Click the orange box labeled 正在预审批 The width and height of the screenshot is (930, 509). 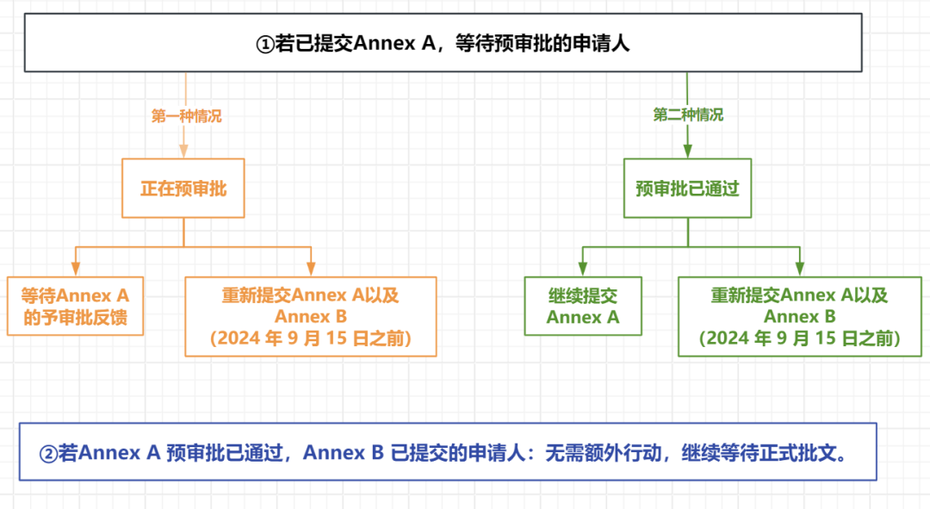(x=183, y=188)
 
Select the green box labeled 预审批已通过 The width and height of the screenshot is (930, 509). (x=687, y=188)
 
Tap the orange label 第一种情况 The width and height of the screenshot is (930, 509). (x=187, y=116)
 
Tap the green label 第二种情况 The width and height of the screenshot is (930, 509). (x=688, y=115)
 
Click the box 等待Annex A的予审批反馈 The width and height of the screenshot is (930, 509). (x=75, y=307)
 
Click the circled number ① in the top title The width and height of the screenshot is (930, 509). (x=265, y=44)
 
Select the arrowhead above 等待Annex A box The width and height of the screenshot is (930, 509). (x=75, y=270)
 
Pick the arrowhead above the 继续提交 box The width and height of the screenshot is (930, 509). (x=583, y=270)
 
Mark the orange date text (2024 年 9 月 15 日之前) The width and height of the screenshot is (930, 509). (x=311, y=339)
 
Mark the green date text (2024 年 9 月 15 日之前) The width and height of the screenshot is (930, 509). (x=800, y=339)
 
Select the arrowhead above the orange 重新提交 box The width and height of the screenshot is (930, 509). (x=311, y=270)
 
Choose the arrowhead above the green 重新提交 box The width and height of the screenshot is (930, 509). (x=800, y=270)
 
